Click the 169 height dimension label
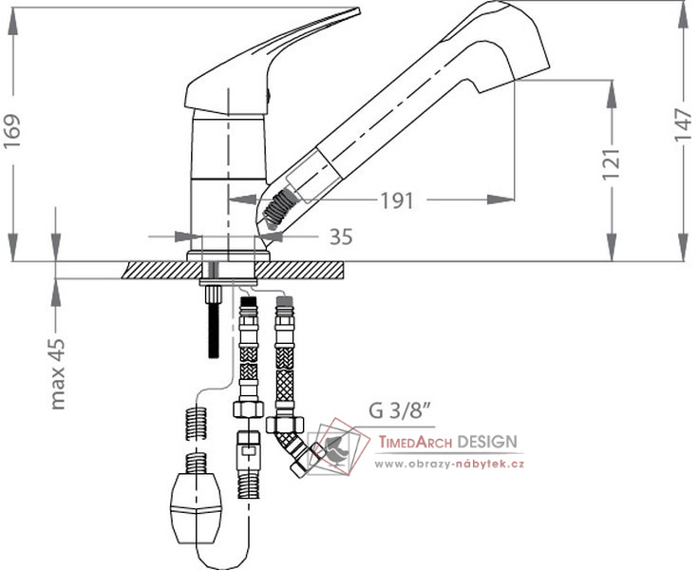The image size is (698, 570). click(x=11, y=132)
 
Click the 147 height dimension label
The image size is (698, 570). click(x=683, y=125)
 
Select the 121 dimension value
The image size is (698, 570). click(x=611, y=164)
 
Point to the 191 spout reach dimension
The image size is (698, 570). click(x=397, y=200)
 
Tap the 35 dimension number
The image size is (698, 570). click(x=341, y=237)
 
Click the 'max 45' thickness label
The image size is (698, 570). click(x=58, y=374)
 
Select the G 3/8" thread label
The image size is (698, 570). click(x=400, y=410)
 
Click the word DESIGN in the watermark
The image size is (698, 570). click(x=487, y=442)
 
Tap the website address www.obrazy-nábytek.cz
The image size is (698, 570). click(x=448, y=464)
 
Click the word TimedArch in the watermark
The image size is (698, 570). click(x=415, y=442)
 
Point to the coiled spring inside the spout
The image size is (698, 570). click(x=279, y=207)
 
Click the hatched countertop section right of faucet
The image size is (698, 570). click(x=299, y=270)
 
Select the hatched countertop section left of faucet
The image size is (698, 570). click(x=162, y=270)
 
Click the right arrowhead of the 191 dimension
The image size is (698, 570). click(x=501, y=199)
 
